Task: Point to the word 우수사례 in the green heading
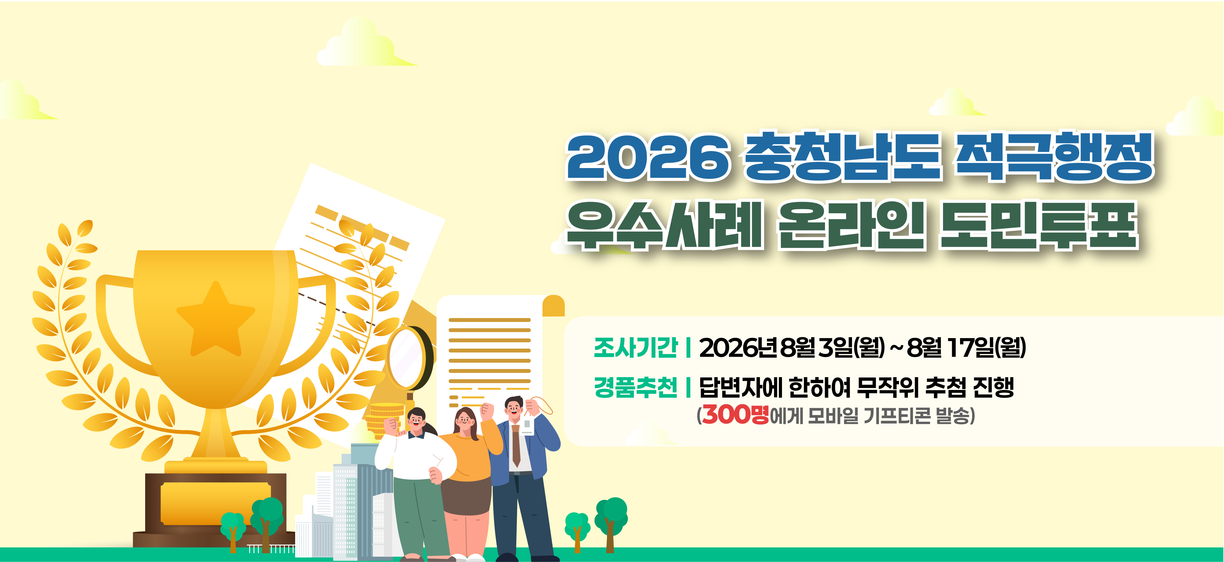[x=664, y=225]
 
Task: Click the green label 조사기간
[x=636, y=347]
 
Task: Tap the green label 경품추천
[x=636, y=387]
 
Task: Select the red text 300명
[x=735, y=414]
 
